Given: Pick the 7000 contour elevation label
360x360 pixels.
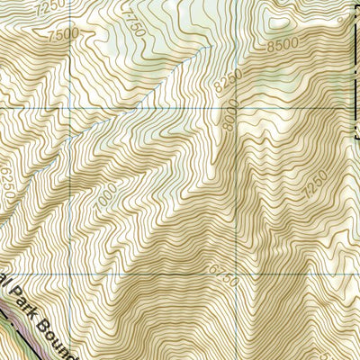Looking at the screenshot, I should coord(106,193).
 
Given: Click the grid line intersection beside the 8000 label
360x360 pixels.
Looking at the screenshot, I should coord(239,107).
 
